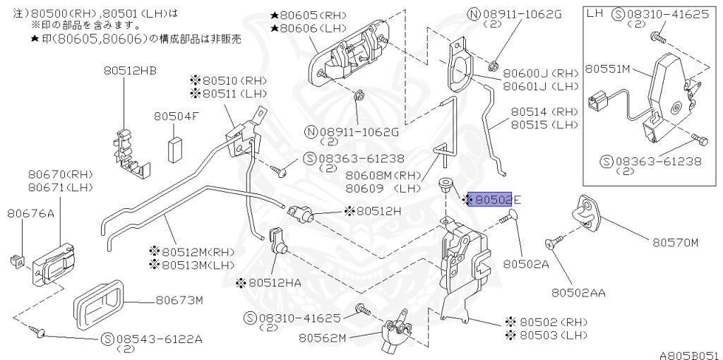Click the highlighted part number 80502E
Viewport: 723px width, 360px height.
[x=492, y=200]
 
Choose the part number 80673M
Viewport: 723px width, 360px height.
[x=179, y=300]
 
